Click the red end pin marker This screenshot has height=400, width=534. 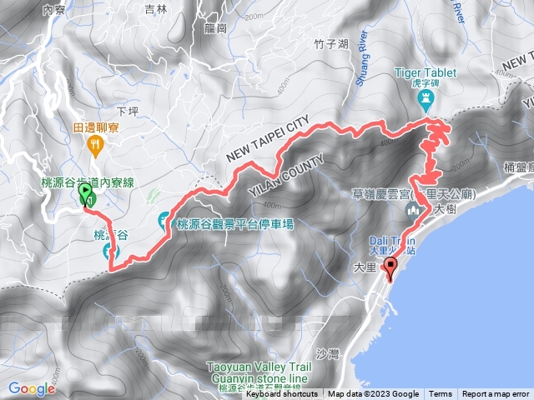(x=390, y=266)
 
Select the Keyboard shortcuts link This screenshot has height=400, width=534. (x=282, y=394)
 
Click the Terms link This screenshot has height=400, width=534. (x=440, y=394)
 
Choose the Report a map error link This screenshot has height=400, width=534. (x=496, y=394)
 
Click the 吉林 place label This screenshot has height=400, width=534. (x=155, y=9)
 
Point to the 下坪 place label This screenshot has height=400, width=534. (x=127, y=110)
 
